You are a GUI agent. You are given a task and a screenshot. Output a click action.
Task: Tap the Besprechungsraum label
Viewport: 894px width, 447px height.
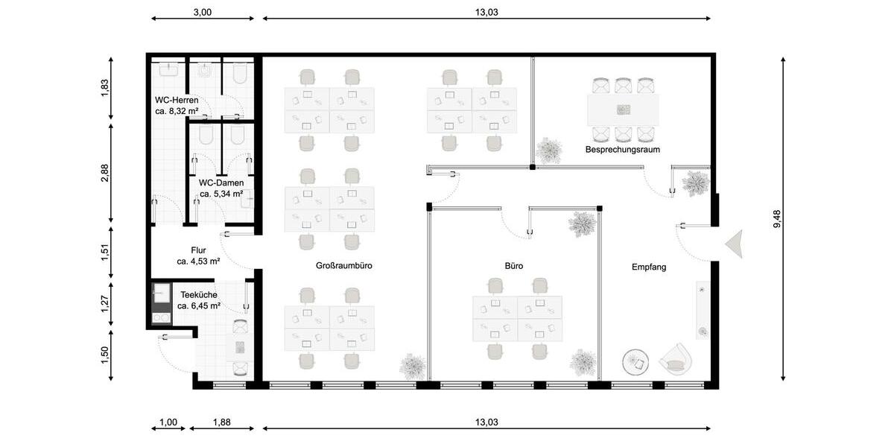coord(622,150)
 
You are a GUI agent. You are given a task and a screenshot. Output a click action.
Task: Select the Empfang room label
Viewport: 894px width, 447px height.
coord(648,267)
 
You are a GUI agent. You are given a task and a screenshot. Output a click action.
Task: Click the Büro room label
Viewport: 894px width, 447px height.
coord(513,265)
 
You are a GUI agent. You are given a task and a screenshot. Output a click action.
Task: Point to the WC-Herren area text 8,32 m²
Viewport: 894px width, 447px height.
coord(177,111)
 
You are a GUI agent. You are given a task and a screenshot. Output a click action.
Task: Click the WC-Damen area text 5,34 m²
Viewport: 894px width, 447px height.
coord(221,194)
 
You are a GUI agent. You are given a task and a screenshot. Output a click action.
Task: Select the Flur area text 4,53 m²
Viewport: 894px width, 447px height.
coord(198,261)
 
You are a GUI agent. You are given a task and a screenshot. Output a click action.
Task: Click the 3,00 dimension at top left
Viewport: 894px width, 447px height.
coord(202,12)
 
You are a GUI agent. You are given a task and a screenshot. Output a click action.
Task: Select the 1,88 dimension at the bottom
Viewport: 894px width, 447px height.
coord(221,422)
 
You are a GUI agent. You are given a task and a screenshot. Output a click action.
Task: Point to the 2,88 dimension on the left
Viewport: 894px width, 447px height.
coord(105,172)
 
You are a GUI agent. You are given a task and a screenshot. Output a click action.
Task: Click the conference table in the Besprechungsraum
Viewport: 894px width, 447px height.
coord(623,110)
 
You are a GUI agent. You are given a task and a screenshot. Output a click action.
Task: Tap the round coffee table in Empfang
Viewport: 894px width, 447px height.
coord(636,363)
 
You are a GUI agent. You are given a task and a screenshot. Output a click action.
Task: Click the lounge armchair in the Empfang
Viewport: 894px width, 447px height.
coord(675,360)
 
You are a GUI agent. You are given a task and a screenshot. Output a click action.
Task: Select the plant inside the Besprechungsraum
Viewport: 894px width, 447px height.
coord(550,150)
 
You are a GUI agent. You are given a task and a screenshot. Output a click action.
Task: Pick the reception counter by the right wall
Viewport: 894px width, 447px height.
coord(702,309)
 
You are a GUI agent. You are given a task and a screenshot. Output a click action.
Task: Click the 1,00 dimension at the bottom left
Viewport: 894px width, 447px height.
coord(168,422)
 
